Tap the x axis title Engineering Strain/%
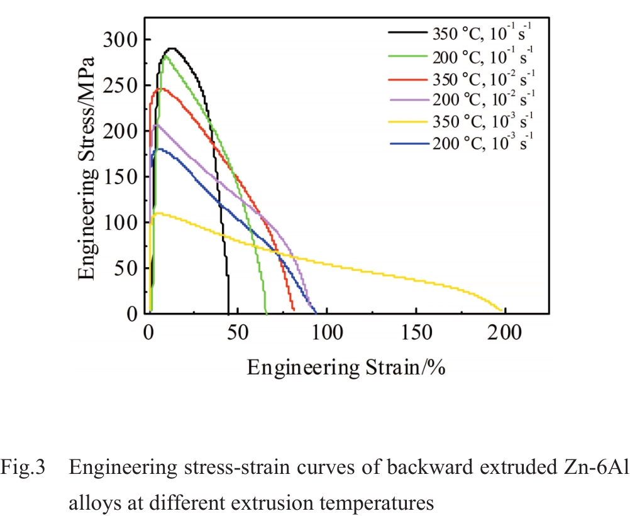346,367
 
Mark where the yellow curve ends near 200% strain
501,310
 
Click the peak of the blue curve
160,149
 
